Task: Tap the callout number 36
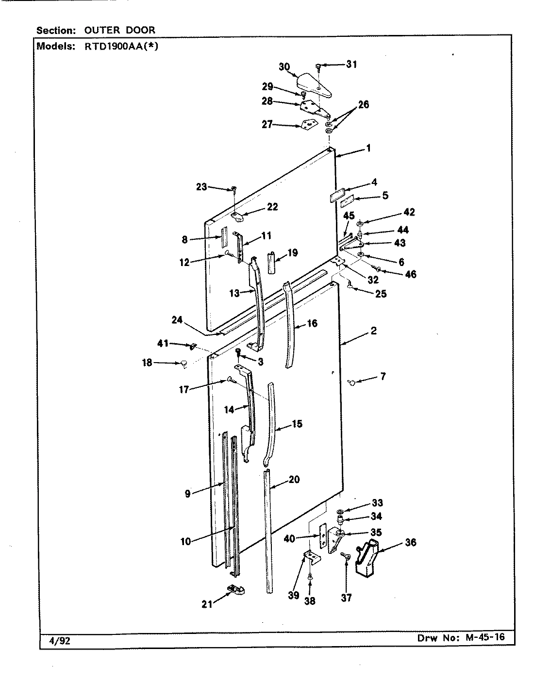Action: (410, 542)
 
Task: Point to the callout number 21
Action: (207, 604)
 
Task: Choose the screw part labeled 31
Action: (318, 67)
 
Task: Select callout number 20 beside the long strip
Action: (294, 480)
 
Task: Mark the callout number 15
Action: (297, 424)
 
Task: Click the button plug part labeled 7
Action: (351, 383)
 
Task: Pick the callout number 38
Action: (309, 601)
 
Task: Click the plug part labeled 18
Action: (184, 363)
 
